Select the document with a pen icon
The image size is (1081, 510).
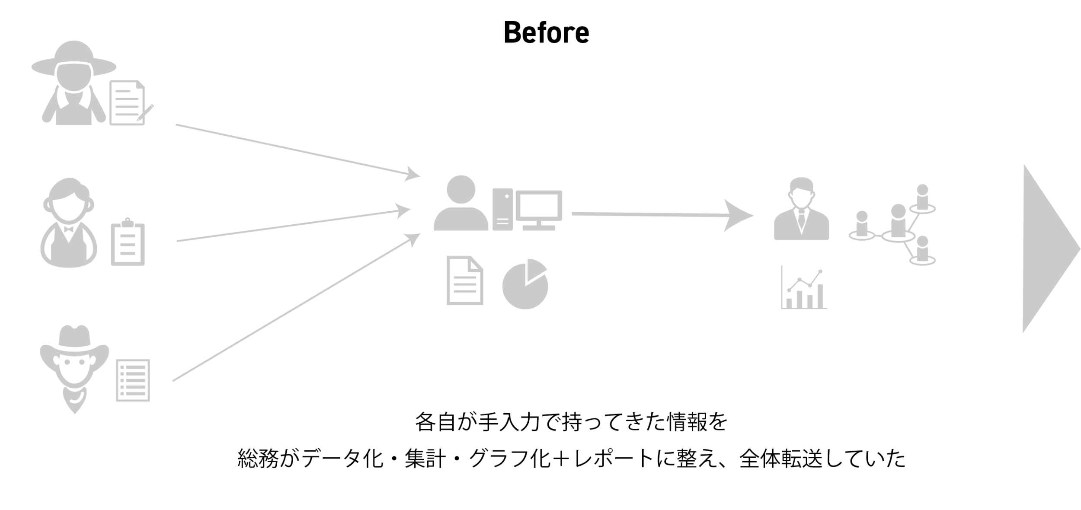pyautogui.click(x=128, y=103)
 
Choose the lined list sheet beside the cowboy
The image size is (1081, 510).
pyautogui.click(x=133, y=380)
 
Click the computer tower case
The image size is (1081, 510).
pyautogui.click(x=502, y=209)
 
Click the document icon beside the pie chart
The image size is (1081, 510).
pyautogui.click(x=465, y=281)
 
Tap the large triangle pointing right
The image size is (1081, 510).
pyautogui.click(x=1046, y=249)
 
